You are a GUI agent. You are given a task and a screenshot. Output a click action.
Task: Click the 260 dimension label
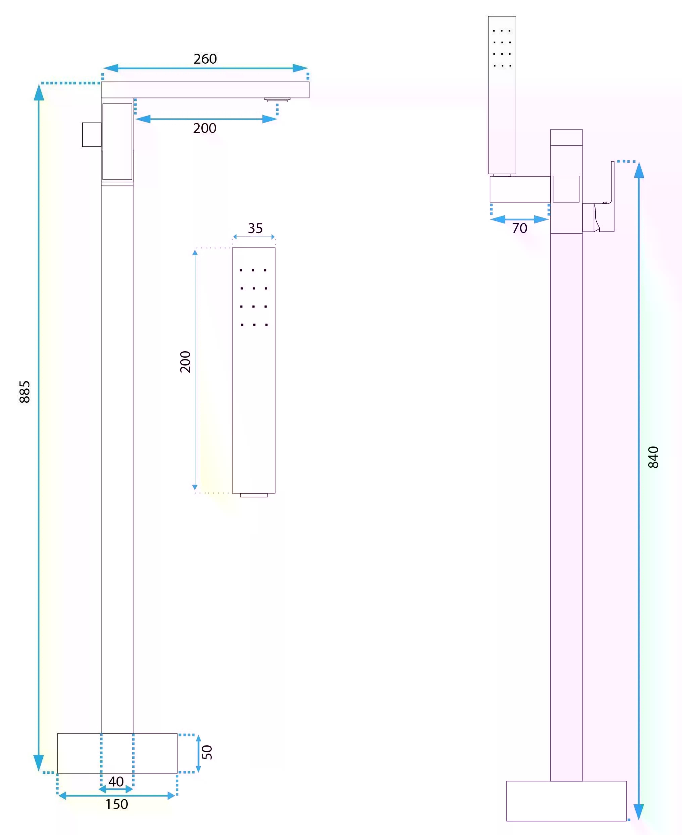point(205,59)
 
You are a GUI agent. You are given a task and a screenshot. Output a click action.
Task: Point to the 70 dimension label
point(519,228)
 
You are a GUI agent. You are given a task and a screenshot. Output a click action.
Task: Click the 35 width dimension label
point(255,228)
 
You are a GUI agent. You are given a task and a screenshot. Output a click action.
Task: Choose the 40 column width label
point(116,782)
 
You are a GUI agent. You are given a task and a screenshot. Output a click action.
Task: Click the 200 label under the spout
point(205,128)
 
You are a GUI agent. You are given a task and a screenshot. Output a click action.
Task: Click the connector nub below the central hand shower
point(254,495)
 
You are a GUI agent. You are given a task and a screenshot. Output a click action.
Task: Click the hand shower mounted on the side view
point(502,95)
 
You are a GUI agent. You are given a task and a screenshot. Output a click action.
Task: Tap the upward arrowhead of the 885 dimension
point(38,92)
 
